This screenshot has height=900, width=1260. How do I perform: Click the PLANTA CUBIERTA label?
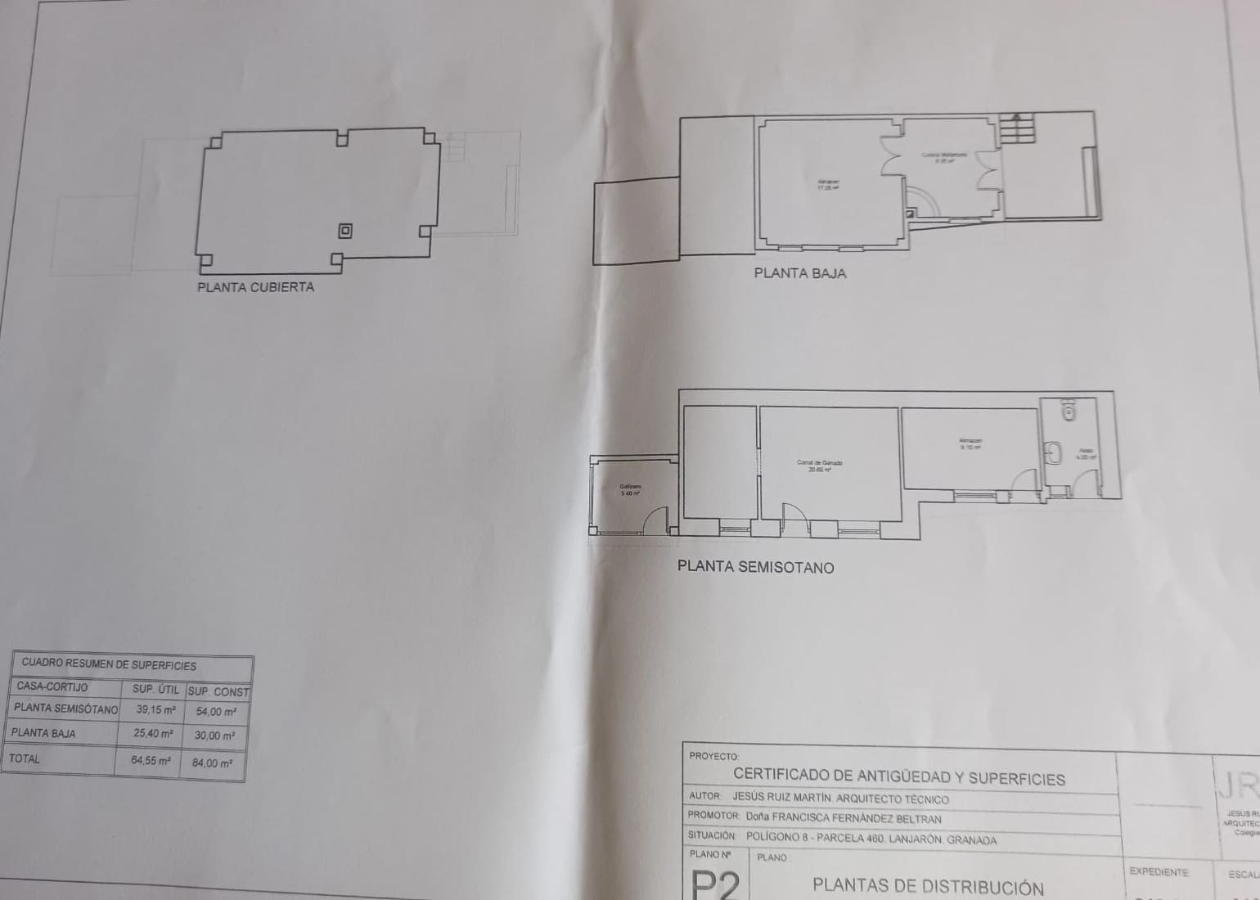pos(255,287)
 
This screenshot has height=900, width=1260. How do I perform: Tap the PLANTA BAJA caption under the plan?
pos(799,273)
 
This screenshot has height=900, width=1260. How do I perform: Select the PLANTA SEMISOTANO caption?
pos(755,567)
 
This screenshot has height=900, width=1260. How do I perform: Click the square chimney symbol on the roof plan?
pos(345,231)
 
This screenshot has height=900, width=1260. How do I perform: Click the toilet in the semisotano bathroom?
pos(1067,410)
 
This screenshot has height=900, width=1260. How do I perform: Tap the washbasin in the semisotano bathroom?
pos(1054,452)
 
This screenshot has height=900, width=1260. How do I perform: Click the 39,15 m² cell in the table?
pos(155,710)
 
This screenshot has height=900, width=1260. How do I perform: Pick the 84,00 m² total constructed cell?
pos(212,763)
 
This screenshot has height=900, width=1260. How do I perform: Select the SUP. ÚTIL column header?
pos(155,690)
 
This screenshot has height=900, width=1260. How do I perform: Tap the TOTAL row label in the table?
pos(25,758)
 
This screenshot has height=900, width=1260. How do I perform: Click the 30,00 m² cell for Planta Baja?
pos(214,736)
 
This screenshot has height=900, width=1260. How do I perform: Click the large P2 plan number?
pos(715,884)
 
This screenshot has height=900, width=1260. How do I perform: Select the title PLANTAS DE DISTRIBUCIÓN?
pos(928,886)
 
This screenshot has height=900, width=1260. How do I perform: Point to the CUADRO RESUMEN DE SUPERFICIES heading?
pos(109,665)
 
